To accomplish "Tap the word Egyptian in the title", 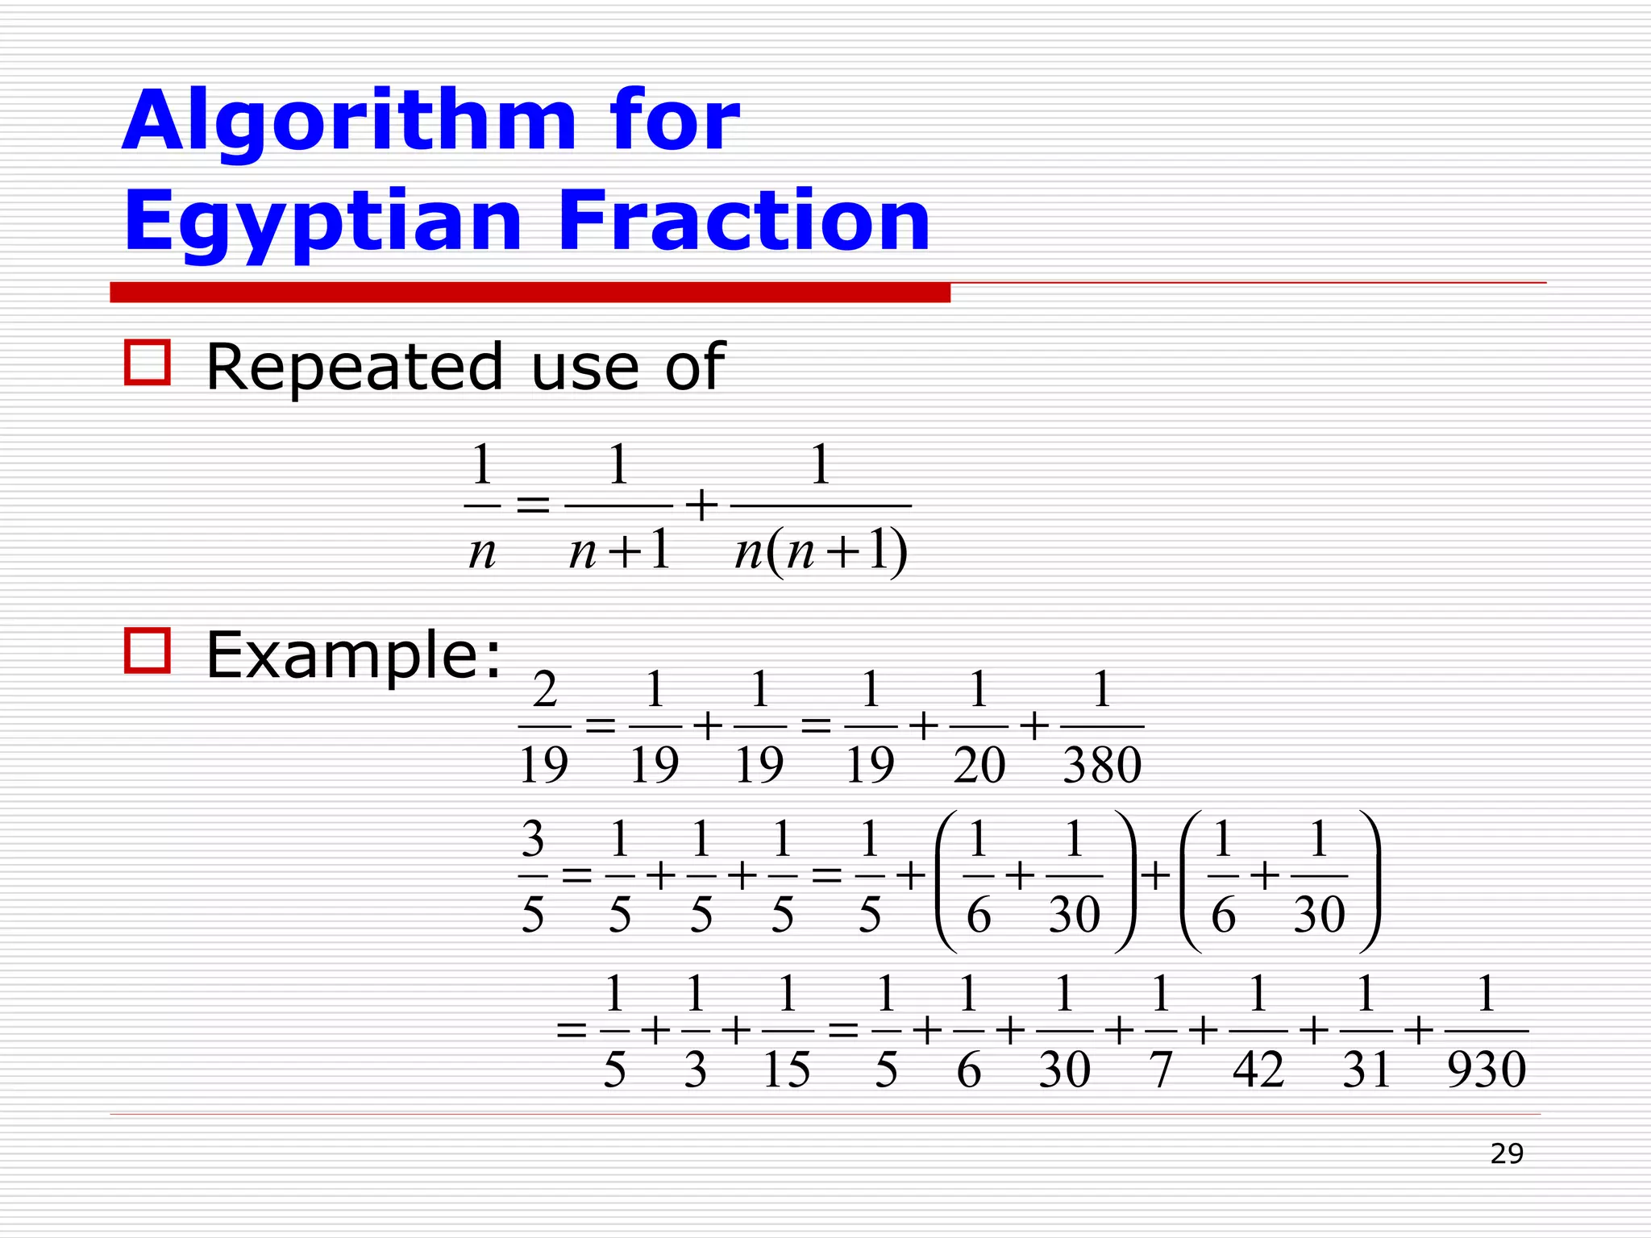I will (322, 222).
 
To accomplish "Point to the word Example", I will (353, 654).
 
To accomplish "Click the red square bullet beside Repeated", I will (148, 362).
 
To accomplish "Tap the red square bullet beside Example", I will (148, 650).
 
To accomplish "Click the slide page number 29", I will (1507, 1154).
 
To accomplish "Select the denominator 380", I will (1102, 765).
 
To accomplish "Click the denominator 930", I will (1487, 1070).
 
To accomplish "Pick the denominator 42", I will (1258, 1070).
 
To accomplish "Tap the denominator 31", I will (1366, 1070).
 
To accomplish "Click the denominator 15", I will (786, 1070).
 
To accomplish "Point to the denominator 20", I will (979, 765).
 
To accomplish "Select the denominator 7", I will (1160, 1070).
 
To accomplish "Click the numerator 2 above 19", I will (545, 689).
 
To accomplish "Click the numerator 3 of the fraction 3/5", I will (533, 839).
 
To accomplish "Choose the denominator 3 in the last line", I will (695, 1070).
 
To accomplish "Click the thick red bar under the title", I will (530, 293).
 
